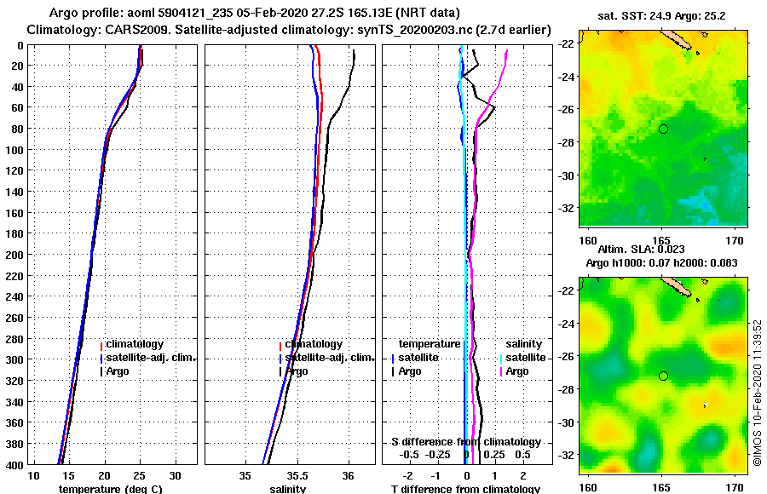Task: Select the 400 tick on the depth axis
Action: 14,464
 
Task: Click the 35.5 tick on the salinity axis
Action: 297,474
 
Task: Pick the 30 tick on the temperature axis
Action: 175,474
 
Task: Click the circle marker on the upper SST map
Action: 663,129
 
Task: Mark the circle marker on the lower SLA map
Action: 663,376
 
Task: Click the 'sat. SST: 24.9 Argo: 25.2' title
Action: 663,15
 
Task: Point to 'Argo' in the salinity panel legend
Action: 297,371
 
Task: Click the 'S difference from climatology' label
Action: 466,442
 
